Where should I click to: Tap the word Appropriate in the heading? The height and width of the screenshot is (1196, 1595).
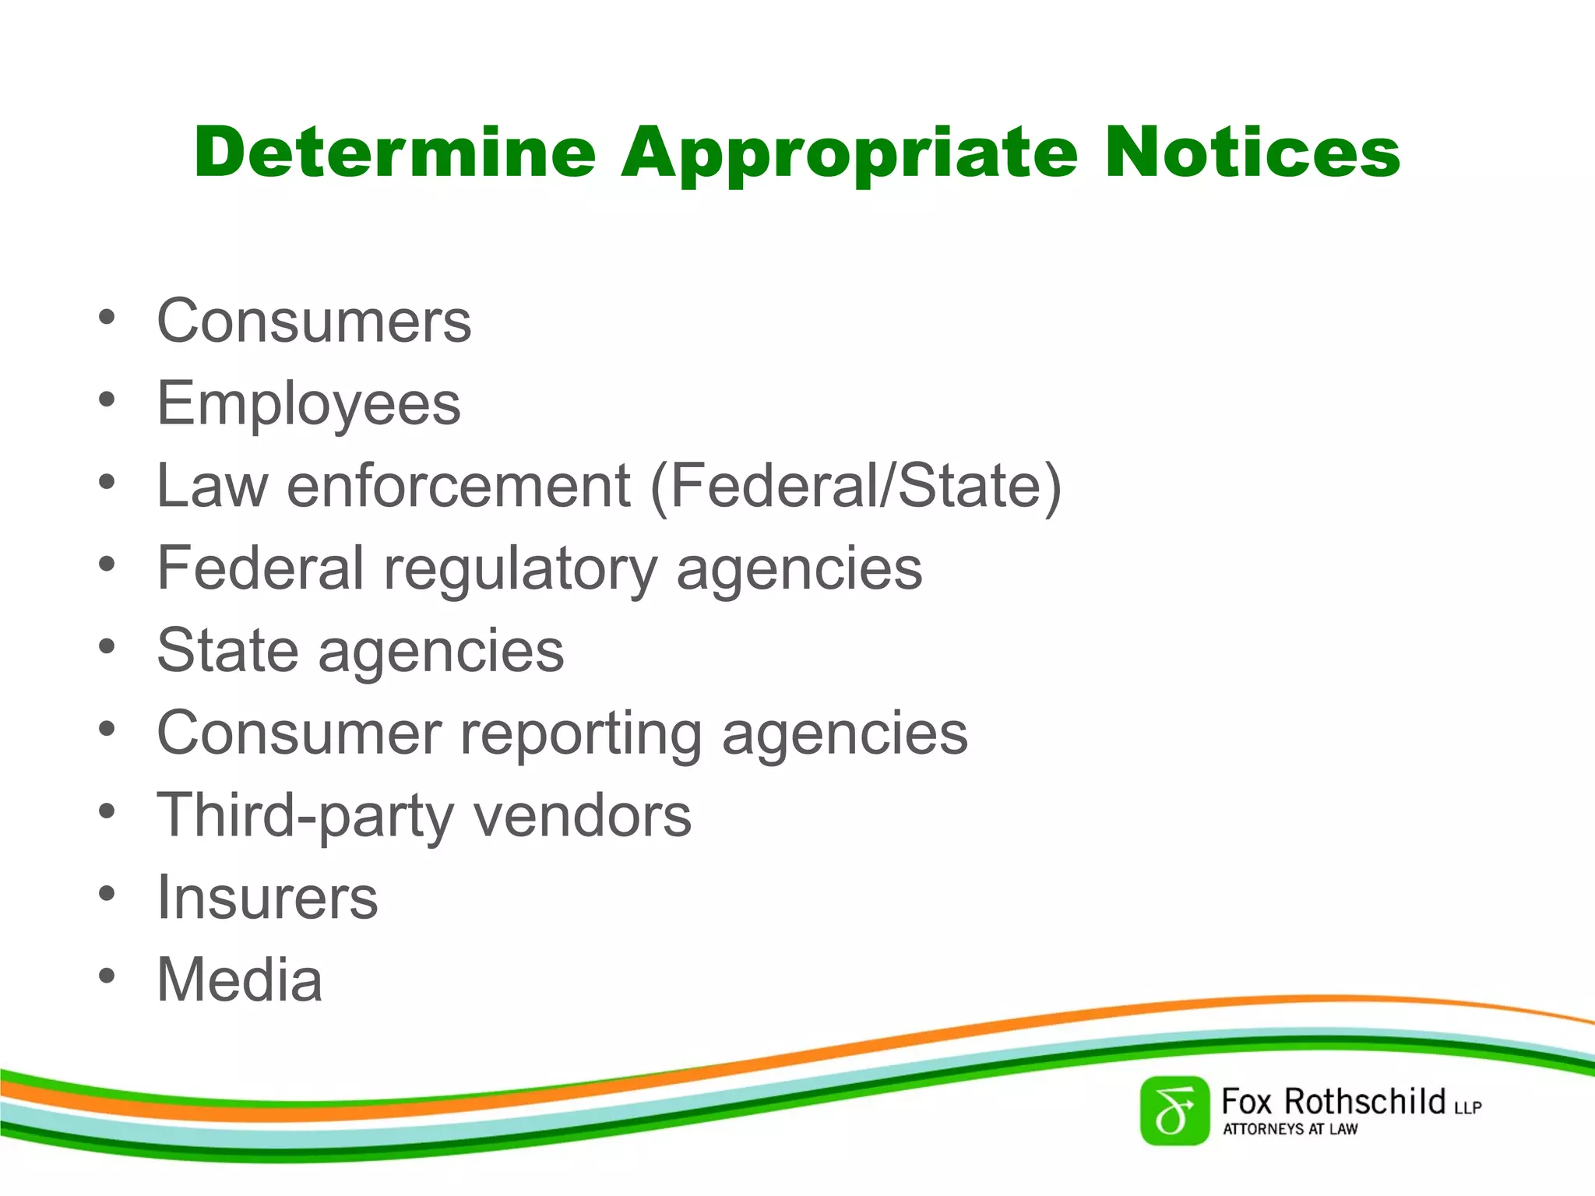pyautogui.click(x=849, y=153)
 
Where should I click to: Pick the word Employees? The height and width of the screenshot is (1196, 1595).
pyautogui.click(x=308, y=404)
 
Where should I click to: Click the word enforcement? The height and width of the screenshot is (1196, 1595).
pyautogui.click(x=458, y=487)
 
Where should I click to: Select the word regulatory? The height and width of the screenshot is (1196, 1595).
pyautogui.click(x=520, y=569)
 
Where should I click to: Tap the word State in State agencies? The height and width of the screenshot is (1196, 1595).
pyautogui.click(x=227, y=650)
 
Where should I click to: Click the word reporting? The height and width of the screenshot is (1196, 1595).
pyautogui.click(x=581, y=734)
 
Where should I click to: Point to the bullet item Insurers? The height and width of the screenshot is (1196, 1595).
pyautogui.click(x=267, y=898)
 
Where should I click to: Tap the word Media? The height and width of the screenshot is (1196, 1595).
pyautogui.click(x=239, y=980)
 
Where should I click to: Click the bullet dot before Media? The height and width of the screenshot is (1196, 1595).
pyautogui.click(x=107, y=976)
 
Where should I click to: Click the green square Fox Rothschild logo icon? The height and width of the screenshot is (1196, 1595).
pyautogui.click(x=1174, y=1110)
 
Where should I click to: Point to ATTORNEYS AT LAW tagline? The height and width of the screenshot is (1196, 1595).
pyautogui.click(x=1290, y=1129)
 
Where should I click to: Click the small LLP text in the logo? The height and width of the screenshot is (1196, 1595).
pyautogui.click(x=1467, y=1107)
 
